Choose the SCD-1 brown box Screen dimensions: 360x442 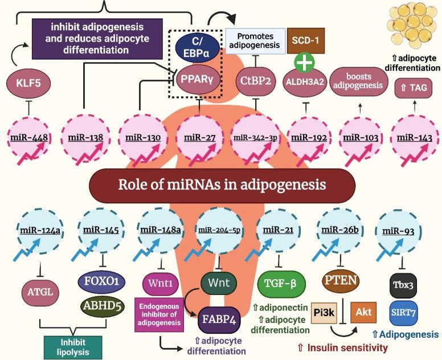(x=306, y=40)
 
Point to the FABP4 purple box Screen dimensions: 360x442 (x=220, y=320)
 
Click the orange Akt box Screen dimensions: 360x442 (x=362, y=312)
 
